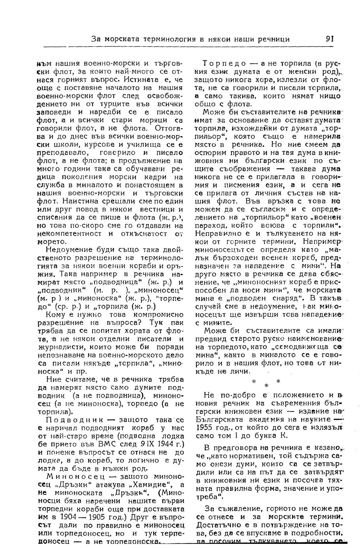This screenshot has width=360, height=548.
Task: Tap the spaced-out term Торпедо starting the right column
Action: (225, 64)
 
